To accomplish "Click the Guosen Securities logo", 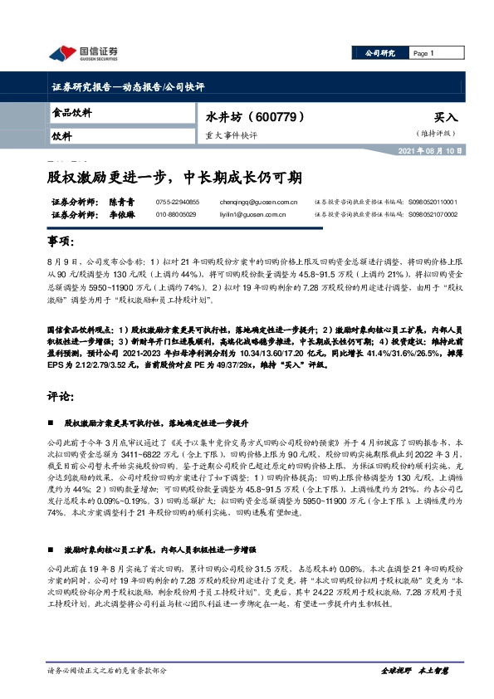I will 83,53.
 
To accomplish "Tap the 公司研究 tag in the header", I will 380,53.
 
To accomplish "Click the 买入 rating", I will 445,118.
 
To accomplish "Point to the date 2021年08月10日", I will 449,152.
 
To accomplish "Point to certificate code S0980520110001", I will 433,202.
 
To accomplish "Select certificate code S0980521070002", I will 433,214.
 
